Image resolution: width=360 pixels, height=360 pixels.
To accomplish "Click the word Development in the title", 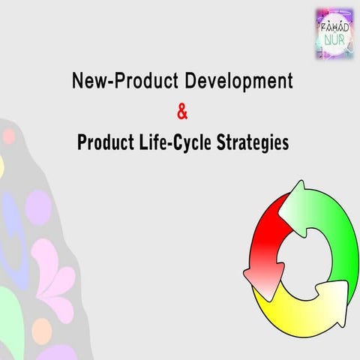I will point(241,82).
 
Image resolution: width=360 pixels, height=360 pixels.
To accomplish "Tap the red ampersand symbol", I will point(182,112).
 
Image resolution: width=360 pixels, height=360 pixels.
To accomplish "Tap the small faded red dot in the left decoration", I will point(9,136).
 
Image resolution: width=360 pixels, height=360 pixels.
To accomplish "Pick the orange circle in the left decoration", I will point(42,330).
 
